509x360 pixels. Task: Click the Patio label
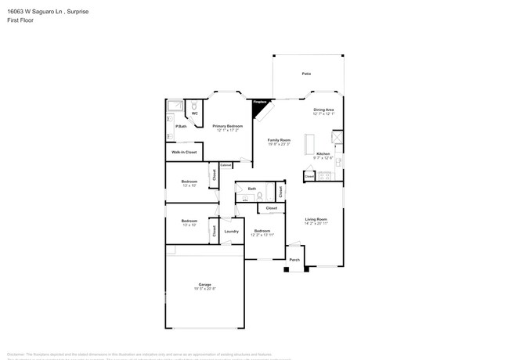click(x=306, y=74)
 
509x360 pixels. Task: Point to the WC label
click(x=195, y=114)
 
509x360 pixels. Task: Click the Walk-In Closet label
click(x=184, y=151)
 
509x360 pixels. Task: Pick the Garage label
click(x=204, y=284)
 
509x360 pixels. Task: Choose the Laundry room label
click(x=231, y=231)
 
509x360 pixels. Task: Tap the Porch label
click(x=294, y=259)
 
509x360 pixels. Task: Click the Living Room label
click(x=316, y=219)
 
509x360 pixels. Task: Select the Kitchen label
click(x=323, y=154)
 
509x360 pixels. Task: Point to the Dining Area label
click(x=323, y=110)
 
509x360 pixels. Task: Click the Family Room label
click(x=279, y=140)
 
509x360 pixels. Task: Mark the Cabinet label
click(x=226, y=165)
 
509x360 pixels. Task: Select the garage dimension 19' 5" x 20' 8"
click(x=204, y=289)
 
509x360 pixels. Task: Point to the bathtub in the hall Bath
click(x=268, y=193)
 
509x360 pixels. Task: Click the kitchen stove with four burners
click(x=337, y=139)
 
